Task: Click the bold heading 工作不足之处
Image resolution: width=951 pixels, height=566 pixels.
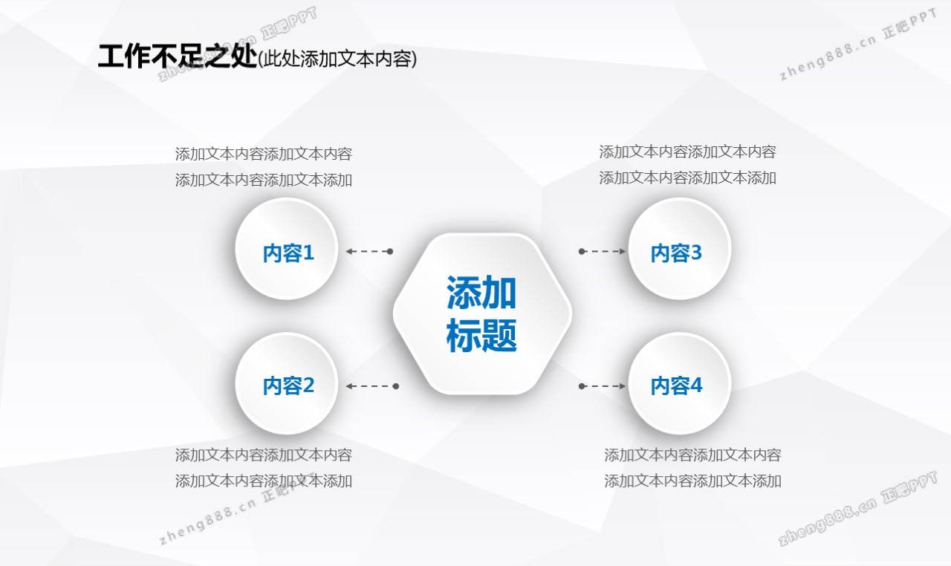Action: click(x=178, y=57)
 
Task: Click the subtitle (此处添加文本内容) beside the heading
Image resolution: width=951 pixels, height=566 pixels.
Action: click(x=337, y=59)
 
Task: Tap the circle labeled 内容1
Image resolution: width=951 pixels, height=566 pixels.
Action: click(x=287, y=250)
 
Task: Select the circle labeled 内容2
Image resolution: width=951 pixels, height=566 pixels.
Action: click(x=287, y=383)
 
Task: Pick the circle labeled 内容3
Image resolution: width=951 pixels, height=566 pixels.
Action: click(x=679, y=250)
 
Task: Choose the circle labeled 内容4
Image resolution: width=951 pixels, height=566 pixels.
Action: click(x=679, y=383)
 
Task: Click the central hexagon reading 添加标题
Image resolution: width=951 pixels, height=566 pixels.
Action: click(x=482, y=314)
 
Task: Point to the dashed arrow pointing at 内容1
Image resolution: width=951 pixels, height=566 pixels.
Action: click(x=369, y=251)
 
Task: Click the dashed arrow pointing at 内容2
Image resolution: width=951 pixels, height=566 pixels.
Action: click(x=372, y=386)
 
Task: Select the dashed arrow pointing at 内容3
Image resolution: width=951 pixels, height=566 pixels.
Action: click(x=602, y=251)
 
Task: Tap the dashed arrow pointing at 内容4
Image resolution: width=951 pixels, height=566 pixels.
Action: click(x=602, y=386)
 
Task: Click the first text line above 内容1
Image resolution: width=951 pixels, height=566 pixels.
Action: click(x=264, y=154)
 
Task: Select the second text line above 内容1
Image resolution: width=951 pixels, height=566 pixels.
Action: click(x=264, y=180)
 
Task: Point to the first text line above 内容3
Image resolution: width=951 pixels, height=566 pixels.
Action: click(x=688, y=152)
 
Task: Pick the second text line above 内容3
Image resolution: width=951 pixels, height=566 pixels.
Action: click(x=688, y=178)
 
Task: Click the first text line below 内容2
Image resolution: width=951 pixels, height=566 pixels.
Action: click(x=264, y=455)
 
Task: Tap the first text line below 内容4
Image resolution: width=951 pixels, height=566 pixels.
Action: click(x=693, y=455)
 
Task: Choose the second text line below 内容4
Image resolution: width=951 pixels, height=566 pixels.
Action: click(x=693, y=481)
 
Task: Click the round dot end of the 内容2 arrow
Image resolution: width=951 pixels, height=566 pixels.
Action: click(x=396, y=386)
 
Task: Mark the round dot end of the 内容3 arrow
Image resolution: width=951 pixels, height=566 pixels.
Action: click(x=582, y=251)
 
